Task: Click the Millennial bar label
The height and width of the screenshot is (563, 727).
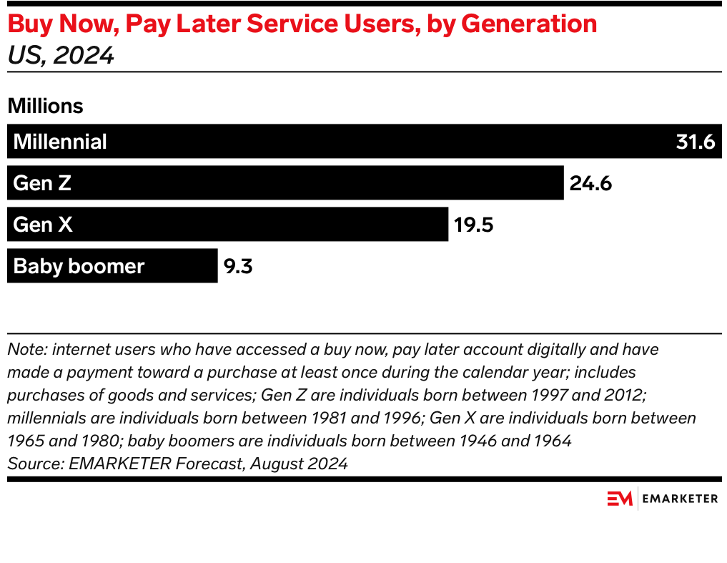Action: [x=60, y=142]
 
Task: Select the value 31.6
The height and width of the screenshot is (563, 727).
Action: [x=696, y=142]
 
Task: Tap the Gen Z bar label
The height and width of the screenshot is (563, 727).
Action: [x=42, y=183]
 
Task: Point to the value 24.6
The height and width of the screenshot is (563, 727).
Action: [x=590, y=183]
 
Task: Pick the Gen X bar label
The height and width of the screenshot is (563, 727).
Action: [x=43, y=225]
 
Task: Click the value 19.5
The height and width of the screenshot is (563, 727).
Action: [x=473, y=225]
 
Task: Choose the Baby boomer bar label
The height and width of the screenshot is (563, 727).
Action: [x=79, y=266]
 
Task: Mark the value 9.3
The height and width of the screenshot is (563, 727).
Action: [x=238, y=266]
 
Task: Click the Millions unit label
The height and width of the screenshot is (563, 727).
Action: [x=45, y=106]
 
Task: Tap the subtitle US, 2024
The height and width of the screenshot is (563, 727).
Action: [x=61, y=55]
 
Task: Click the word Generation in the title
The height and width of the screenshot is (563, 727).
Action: [x=529, y=24]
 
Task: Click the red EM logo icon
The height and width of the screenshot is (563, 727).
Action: [x=620, y=499]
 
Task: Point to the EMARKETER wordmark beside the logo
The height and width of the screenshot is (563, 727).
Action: [x=680, y=499]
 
